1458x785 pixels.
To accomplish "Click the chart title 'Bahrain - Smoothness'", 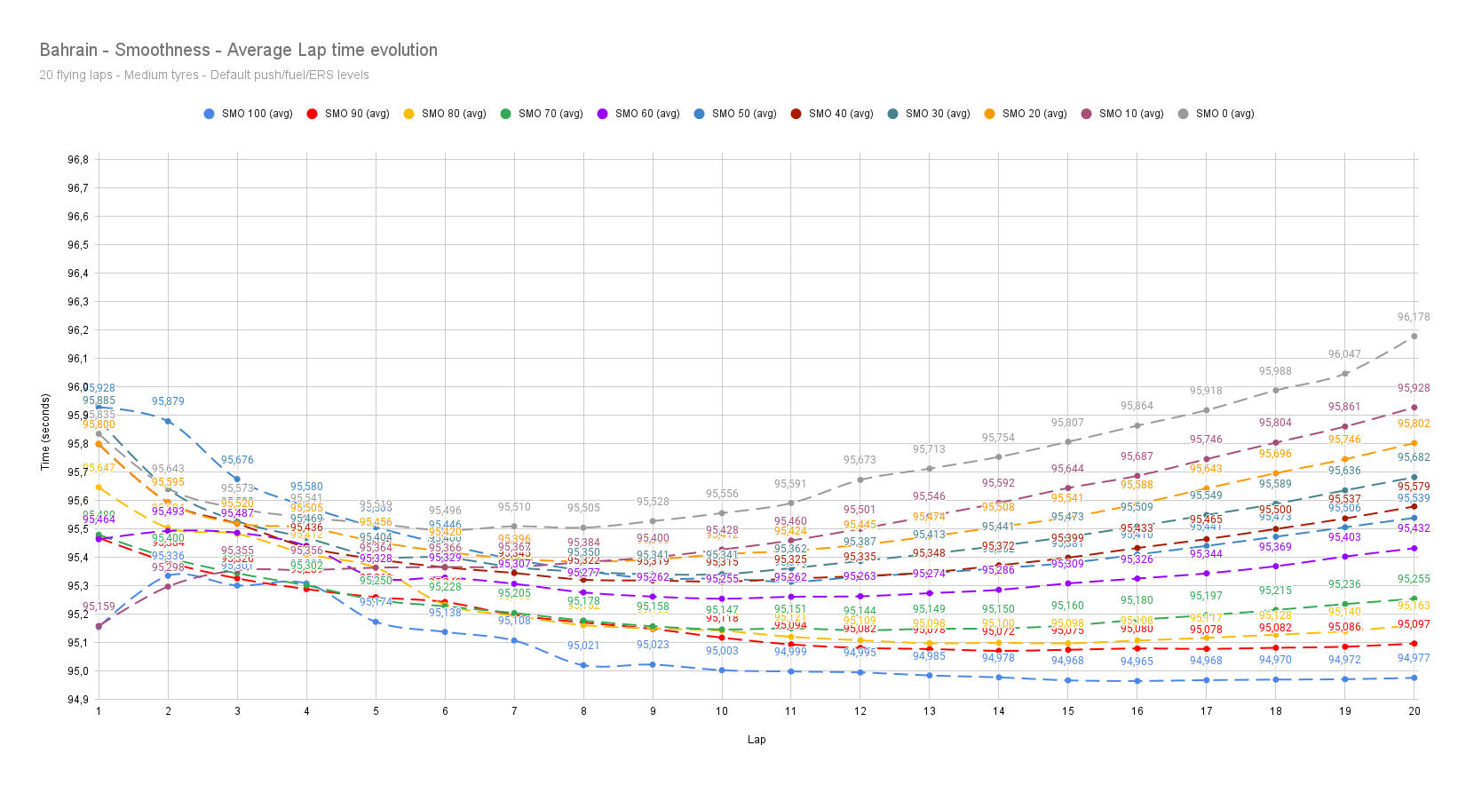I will click(x=238, y=50).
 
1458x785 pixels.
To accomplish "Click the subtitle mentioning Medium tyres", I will click(x=203, y=75).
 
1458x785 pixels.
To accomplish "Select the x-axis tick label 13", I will click(x=930, y=711).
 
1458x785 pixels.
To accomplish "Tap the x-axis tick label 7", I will click(x=514, y=711).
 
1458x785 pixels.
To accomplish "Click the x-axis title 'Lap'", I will click(x=757, y=740).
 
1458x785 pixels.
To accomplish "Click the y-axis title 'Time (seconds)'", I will click(x=45, y=432).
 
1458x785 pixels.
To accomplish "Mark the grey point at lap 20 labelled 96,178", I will click(x=1414, y=337).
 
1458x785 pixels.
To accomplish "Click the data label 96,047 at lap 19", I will click(x=1344, y=354).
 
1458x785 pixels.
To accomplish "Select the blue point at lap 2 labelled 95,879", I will click(x=168, y=421).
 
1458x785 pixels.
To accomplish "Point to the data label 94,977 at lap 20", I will click(x=1414, y=658).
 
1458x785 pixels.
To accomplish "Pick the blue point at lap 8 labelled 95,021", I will click(x=583, y=665).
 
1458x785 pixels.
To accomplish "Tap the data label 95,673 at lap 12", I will click(x=860, y=460).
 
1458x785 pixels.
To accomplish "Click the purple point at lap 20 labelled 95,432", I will click(x=1414, y=548).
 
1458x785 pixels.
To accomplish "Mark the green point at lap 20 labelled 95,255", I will click(x=1414, y=599).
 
